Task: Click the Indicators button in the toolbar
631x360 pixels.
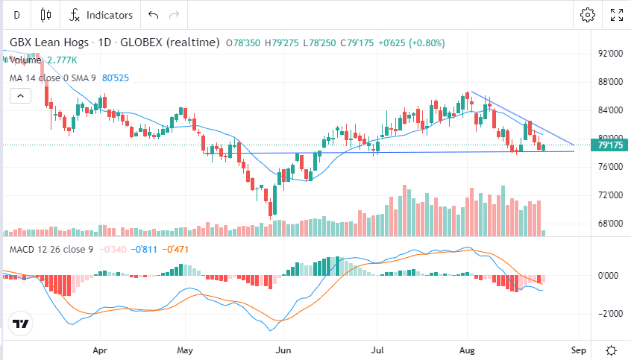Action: (101, 15)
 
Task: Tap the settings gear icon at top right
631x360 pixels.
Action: (588, 15)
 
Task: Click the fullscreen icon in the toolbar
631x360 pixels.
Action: (617, 15)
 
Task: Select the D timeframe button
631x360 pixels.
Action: (16, 15)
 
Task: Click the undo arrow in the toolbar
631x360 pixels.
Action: (154, 15)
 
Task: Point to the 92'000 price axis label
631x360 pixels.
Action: (610, 54)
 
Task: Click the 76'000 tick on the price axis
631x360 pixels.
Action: (610, 167)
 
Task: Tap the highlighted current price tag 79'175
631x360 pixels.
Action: (611, 146)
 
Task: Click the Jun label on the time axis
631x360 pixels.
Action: (283, 349)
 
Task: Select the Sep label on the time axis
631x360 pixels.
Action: (577, 349)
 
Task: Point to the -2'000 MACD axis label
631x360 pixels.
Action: (611, 314)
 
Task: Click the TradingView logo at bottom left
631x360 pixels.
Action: (20, 324)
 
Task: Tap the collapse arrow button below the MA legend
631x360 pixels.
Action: (20, 95)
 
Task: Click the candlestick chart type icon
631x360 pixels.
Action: (46, 15)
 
